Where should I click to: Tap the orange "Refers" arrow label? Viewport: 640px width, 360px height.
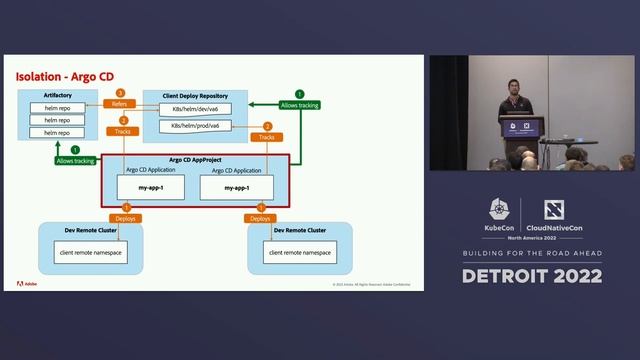click(x=119, y=103)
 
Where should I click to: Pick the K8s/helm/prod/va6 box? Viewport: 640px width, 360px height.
click(x=195, y=125)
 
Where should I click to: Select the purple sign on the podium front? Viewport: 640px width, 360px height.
click(x=520, y=127)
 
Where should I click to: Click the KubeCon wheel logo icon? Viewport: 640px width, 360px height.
click(x=500, y=209)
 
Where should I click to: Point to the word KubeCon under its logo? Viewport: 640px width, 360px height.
click(x=500, y=229)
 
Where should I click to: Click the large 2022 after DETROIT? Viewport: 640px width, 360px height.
click(x=576, y=276)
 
